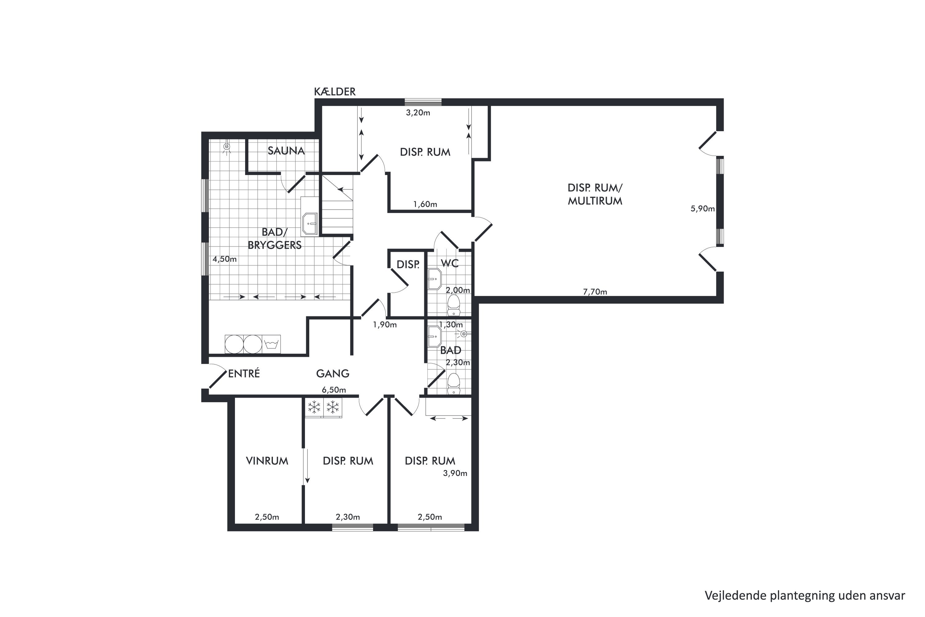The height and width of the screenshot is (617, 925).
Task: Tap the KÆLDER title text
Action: click(x=335, y=92)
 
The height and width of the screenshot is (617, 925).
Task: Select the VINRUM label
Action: click(x=267, y=461)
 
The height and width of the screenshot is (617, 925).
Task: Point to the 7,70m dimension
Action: click(x=595, y=292)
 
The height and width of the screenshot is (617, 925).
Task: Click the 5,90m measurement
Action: click(x=702, y=209)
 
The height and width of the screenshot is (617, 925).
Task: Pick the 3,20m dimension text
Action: click(x=418, y=113)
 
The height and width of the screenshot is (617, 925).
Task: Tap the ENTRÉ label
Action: click(x=244, y=373)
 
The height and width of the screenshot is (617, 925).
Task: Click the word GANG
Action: click(x=333, y=373)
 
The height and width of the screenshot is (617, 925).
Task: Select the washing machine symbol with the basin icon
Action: click(x=271, y=344)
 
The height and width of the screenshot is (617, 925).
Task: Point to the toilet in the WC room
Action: click(x=454, y=305)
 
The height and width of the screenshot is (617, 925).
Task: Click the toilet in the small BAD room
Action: click(x=454, y=383)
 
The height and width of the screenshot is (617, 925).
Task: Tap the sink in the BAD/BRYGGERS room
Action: click(x=310, y=224)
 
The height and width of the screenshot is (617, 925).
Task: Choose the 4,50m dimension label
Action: click(x=224, y=259)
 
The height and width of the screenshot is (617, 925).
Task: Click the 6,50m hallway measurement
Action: click(x=334, y=390)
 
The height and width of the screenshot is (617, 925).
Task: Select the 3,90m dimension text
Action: click(x=455, y=473)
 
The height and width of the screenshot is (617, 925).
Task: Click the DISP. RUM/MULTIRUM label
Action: click(x=595, y=194)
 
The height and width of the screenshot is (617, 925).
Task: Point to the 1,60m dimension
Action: click(x=425, y=204)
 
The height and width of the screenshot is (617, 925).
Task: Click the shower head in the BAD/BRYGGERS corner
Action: click(x=227, y=147)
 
